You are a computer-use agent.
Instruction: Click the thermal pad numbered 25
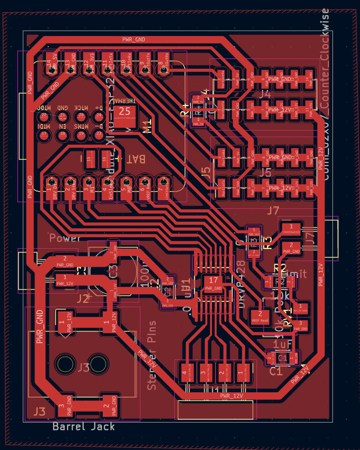pyautogui.click(x=125, y=116)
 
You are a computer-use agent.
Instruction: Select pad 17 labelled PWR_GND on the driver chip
pyautogui.click(x=213, y=284)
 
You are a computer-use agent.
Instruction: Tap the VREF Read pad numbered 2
pyautogui.click(x=260, y=317)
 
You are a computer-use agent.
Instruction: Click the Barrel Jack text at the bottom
pyautogui.click(x=84, y=427)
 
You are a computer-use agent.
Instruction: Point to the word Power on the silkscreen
pyautogui.click(x=65, y=238)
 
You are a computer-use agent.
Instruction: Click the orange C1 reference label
pyautogui.click(x=276, y=371)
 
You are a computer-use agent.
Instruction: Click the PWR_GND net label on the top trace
pyautogui.click(x=134, y=40)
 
